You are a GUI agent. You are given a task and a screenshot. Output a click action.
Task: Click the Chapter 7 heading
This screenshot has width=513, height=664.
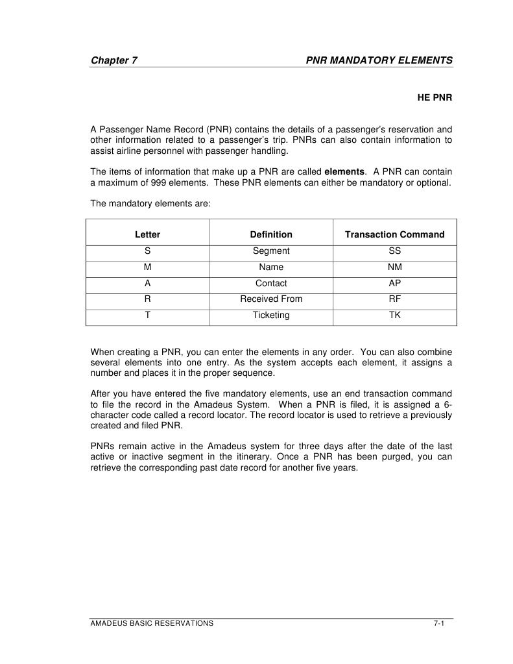[113, 60]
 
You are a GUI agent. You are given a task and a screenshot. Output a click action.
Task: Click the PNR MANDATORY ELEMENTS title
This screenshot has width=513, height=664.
[379, 60]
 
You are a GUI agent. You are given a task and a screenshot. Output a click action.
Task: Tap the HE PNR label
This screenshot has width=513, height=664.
[434, 98]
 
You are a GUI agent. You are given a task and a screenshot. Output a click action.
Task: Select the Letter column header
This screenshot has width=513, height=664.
[147, 234]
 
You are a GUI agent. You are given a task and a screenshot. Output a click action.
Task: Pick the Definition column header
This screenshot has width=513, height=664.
[271, 234]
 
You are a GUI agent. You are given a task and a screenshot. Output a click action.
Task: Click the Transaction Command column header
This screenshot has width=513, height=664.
[394, 234]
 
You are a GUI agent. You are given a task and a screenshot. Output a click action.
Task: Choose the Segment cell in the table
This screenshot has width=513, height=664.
[271, 251]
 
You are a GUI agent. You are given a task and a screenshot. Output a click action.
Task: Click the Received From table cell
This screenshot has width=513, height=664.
[271, 299]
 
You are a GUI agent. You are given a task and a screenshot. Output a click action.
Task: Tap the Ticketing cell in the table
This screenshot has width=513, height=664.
[271, 315]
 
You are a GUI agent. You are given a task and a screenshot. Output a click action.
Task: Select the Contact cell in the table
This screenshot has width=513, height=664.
[271, 284]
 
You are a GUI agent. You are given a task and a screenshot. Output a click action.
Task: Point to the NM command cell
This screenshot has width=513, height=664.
[394, 267]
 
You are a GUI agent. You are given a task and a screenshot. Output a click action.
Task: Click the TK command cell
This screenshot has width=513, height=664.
[394, 315]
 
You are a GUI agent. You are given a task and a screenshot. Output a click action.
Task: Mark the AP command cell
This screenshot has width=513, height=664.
[394, 284]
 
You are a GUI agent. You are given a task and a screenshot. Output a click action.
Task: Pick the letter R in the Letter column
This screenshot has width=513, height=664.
[147, 299]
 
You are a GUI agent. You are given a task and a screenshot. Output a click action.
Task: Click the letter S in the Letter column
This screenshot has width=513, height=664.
[147, 251]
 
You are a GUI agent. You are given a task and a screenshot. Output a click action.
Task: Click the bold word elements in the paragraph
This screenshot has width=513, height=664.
[344, 171]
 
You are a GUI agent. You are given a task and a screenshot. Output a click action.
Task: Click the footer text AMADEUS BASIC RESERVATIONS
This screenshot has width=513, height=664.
[152, 623]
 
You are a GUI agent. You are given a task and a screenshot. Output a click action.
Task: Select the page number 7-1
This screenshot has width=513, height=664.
[438, 623]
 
